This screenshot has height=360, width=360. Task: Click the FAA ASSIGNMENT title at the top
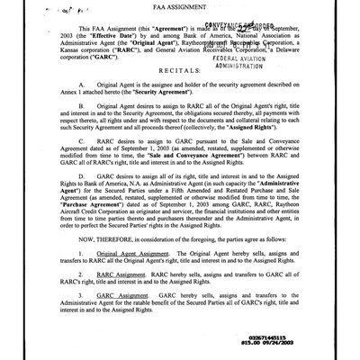(180, 13)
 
